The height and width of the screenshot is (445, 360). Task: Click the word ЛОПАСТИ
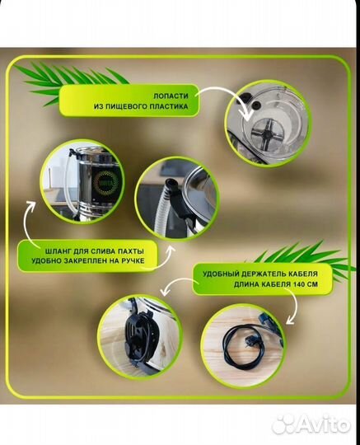pyautogui.click(x=171, y=96)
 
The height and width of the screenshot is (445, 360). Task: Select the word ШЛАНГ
pyautogui.click(x=55, y=251)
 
